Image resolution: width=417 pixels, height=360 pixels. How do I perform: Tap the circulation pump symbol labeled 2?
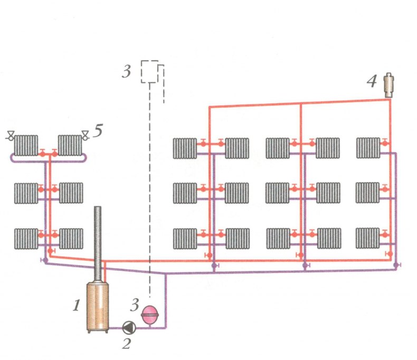[128, 328]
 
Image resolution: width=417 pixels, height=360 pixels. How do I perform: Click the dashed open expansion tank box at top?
[149, 71]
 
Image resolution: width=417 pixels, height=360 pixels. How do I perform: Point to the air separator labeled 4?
[389, 84]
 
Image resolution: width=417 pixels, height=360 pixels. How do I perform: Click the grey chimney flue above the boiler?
[98, 243]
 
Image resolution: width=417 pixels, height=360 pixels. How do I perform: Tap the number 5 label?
[98, 131]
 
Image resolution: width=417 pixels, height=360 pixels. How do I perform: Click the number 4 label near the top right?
[372, 82]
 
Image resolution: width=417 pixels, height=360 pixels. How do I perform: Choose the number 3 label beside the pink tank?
[135, 305]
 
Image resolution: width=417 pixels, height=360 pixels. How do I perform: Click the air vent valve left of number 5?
[85, 137]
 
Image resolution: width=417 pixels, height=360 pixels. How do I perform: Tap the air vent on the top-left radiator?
[10, 137]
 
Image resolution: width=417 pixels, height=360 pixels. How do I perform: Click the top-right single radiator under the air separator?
[368, 148]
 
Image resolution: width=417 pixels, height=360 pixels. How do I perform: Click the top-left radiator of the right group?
[185, 148]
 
